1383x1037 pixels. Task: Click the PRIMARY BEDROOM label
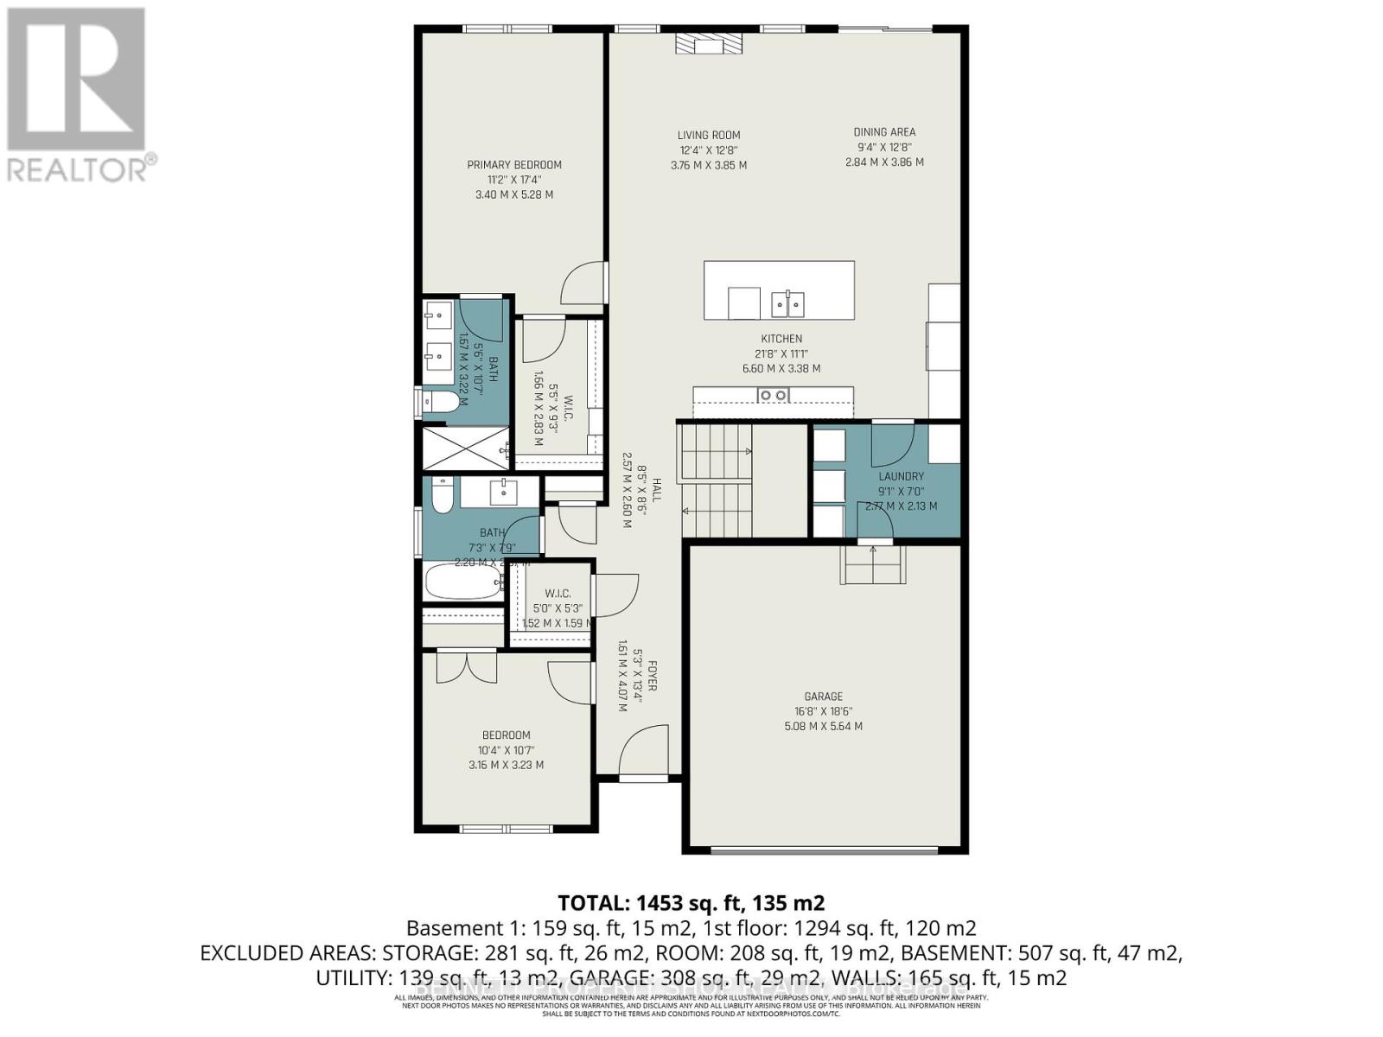(514, 165)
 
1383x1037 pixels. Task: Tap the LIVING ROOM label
(708, 135)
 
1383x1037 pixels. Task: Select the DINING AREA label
(884, 132)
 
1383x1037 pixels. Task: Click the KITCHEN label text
(781, 339)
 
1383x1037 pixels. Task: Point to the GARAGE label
(823, 697)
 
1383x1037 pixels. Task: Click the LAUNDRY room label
(901, 476)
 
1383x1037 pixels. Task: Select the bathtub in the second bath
(463, 581)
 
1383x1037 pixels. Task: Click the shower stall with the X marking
(463, 448)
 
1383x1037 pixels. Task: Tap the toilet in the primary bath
(442, 402)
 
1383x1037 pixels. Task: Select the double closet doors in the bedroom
(467, 667)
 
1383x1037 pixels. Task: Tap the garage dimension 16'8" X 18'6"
(823, 711)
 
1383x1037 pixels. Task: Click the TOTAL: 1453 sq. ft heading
(691, 903)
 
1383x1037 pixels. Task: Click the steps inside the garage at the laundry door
(875, 565)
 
